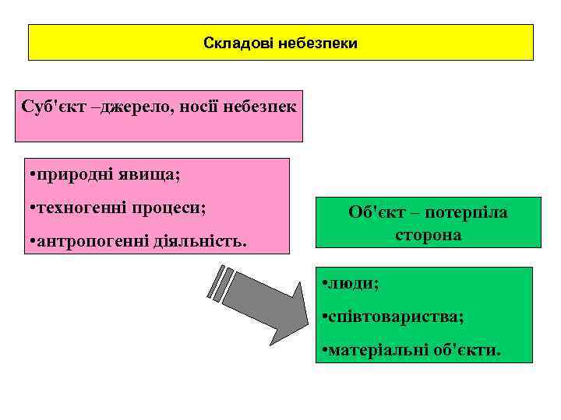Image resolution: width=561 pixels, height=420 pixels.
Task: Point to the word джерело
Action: [x=136, y=106]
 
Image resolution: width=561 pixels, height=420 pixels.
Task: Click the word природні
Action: [x=73, y=174]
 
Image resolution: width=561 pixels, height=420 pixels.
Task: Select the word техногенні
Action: [x=80, y=208]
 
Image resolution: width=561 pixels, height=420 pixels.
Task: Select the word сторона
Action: [x=428, y=234]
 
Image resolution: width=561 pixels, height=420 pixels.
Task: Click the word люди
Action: [x=355, y=284]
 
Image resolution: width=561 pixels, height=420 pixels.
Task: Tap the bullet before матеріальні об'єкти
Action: [x=323, y=352]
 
